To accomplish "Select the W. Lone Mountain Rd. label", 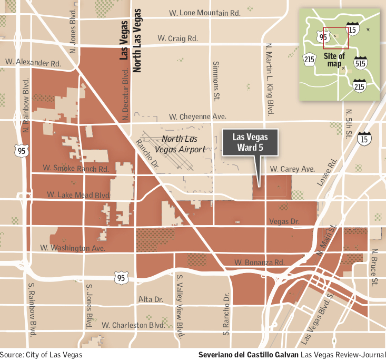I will point(204,13).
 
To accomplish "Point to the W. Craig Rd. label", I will point(177,38).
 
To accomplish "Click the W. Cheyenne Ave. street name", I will point(197,116).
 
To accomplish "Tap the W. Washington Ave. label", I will point(72,248).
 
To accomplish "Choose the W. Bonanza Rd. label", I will point(259,262).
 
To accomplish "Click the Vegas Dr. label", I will point(283,222).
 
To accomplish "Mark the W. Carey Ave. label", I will point(292,169).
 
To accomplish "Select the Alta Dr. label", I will point(150,299).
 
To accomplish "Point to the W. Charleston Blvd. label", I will point(133,325).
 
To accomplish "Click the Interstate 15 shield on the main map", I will point(363,139).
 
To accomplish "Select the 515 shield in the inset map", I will point(361,62).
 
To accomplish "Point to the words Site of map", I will point(335,60).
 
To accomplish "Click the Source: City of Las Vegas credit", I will point(41,355).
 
